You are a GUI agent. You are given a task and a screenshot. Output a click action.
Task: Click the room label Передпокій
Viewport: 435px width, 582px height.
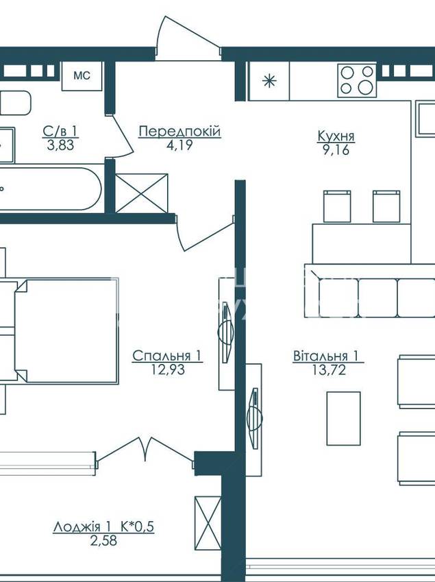pyautogui.click(x=180, y=131)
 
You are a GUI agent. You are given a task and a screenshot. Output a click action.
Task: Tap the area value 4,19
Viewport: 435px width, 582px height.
pyautogui.click(x=179, y=145)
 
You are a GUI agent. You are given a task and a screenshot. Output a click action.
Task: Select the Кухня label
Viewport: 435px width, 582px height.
pyautogui.click(x=336, y=136)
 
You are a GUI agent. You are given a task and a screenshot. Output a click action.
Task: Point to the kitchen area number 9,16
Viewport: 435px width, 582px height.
pyautogui.click(x=336, y=149)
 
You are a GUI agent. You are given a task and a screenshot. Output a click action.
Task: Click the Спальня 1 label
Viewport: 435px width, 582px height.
pyautogui.click(x=167, y=356)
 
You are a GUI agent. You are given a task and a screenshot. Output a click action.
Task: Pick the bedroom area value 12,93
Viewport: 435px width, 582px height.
pyautogui.click(x=168, y=369)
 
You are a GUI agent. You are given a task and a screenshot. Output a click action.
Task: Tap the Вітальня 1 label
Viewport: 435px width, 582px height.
pyautogui.click(x=326, y=356)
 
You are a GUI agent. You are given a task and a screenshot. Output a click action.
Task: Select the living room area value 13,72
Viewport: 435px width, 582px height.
pyautogui.click(x=329, y=369)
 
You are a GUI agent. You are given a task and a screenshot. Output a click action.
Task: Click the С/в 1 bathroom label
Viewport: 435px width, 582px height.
pyautogui.click(x=60, y=131)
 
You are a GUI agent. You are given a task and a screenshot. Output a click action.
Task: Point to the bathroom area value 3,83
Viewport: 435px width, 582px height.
pyautogui.click(x=60, y=145)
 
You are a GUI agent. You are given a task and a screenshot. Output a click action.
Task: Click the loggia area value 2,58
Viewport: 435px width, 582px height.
pyautogui.click(x=104, y=540)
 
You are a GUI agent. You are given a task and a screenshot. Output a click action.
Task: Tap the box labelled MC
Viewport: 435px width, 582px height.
pyautogui.click(x=82, y=76)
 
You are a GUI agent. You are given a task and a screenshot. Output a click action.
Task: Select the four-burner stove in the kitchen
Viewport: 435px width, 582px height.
pyautogui.click(x=357, y=80)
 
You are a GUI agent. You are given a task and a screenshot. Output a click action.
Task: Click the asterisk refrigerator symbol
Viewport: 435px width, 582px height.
pyautogui.click(x=269, y=81)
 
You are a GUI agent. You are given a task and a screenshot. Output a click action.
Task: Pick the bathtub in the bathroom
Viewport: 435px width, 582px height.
pyautogui.click(x=51, y=189)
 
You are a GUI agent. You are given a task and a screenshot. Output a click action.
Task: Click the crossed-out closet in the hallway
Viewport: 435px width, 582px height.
pyautogui.click(x=142, y=193)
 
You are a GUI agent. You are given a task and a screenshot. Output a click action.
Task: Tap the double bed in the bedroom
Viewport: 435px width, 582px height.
pyautogui.click(x=66, y=330)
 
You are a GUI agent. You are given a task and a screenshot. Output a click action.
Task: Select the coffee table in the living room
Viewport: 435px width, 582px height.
pyautogui.click(x=343, y=418)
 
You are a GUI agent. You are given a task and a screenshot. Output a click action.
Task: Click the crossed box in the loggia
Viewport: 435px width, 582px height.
pyautogui.click(x=208, y=523)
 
